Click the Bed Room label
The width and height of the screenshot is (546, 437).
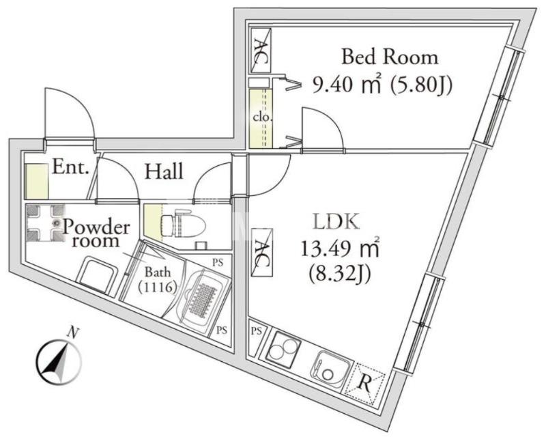389,57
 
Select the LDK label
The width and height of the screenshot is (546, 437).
336,222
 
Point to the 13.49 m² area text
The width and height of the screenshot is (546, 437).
340,249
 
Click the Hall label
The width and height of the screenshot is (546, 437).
164,171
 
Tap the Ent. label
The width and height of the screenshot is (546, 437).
70,168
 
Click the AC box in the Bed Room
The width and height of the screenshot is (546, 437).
261,51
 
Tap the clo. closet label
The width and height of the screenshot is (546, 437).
261,117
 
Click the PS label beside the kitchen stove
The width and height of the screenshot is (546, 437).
257,330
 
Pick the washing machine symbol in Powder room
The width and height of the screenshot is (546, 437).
45,223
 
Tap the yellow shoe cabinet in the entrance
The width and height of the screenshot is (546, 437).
37,180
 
